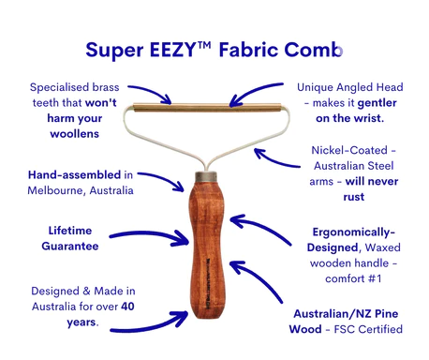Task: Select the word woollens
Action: tap(77, 134)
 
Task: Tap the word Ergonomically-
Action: tap(351, 231)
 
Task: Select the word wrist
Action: tap(370, 117)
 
